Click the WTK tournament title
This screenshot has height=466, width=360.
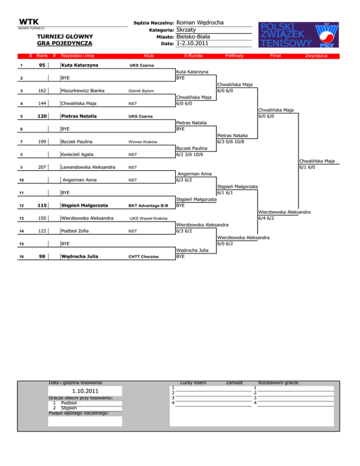coord(29,22)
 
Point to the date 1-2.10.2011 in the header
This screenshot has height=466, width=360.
coord(192,44)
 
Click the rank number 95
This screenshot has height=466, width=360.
coord(42,65)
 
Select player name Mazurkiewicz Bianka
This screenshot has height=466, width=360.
coord(82,90)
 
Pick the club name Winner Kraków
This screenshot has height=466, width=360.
coord(145,142)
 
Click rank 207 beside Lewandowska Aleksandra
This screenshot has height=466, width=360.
coord(42,167)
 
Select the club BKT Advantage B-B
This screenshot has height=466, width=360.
coord(149,205)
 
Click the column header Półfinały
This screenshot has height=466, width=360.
coord(233,56)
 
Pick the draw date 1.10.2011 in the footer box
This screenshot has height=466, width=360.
coord(85,391)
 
